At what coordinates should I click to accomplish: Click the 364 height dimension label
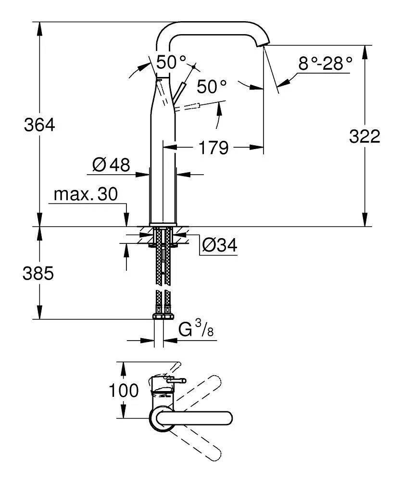tap(40, 125)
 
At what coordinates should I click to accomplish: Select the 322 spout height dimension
tap(364, 137)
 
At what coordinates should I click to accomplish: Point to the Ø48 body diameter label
tap(111, 165)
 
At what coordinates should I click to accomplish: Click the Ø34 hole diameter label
tap(219, 246)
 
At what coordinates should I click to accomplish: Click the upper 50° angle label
tap(172, 62)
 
